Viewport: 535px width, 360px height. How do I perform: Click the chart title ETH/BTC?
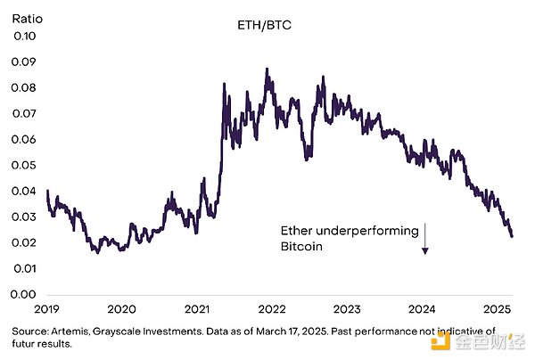[257, 28]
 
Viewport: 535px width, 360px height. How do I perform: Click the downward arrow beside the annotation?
[425, 239]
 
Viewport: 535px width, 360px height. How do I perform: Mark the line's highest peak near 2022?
[267, 69]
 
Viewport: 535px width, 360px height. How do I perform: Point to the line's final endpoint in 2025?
[512, 235]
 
